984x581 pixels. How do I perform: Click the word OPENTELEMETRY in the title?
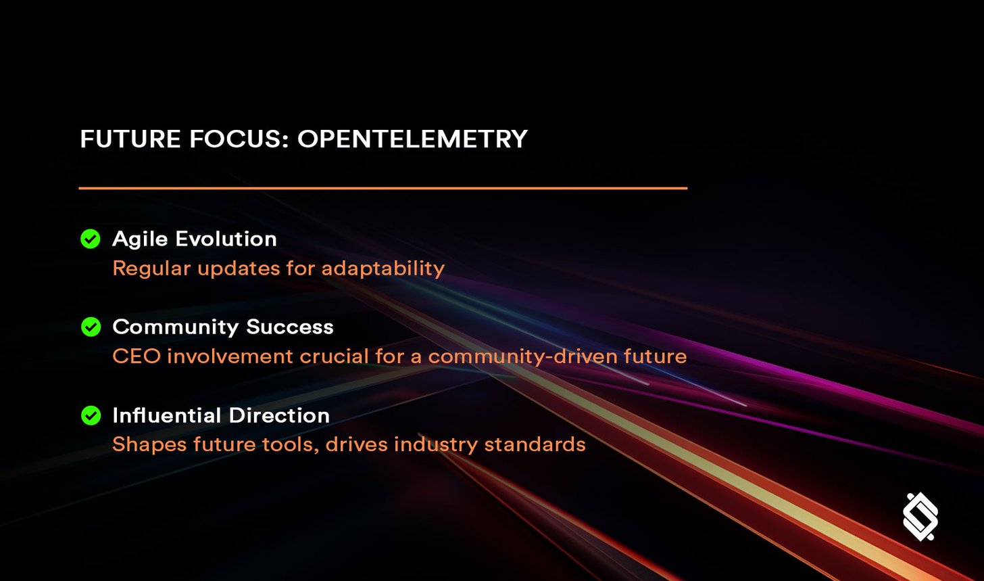[412, 139]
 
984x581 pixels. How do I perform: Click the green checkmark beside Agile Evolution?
[91, 239]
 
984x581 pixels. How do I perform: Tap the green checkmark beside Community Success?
[91, 327]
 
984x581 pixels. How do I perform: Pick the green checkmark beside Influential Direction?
[91, 415]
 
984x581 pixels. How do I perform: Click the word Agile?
[139, 239]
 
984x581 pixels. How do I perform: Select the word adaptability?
[383, 269]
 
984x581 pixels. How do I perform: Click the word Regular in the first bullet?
[151, 269]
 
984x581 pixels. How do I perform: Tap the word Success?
[290, 327]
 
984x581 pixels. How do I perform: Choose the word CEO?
[136, 356]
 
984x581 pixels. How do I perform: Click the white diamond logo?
[920, 517]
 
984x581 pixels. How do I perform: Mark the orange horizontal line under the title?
[383, 188]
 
